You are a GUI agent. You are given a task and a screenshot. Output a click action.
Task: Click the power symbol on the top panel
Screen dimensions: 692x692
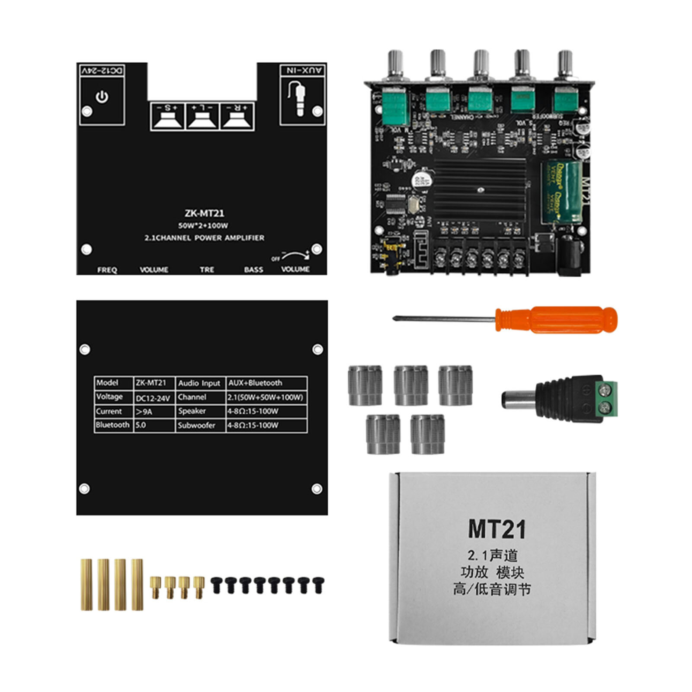pyautogui.click(x=102, y=97)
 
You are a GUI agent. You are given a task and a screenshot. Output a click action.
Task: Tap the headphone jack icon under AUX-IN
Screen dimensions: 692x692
pyautogui.click(x=298, y=99)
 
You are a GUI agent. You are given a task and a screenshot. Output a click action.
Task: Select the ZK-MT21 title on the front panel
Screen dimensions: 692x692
pyautogui.click(x=204, y=213)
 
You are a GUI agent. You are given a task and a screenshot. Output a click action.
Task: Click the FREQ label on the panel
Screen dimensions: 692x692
pyautogui.click(x=107, y=270)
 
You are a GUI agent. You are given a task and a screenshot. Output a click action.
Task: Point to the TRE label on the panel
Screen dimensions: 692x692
pyautogui.click(x=207, y=269)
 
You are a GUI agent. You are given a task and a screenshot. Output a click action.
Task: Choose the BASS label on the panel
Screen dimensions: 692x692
pyautogui.click(x=253, y=269)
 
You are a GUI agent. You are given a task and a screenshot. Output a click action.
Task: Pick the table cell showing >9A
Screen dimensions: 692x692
pyautogui.click(x=144, y=411)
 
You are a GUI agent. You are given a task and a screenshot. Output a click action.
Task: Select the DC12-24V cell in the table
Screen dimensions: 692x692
pyautogui.click(x=153, y=397)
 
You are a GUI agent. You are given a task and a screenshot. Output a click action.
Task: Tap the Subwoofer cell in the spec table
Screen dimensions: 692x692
pyautogui.click(x=196, y=425)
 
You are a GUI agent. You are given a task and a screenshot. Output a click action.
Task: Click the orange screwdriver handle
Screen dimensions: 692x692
pyautogui.click(x=558, y=319)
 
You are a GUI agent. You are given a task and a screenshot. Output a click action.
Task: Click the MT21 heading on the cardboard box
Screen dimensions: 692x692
pyautogui.click(x=497, y=529)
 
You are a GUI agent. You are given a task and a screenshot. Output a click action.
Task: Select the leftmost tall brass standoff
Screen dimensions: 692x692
pyautogui.click(x=86, y=584)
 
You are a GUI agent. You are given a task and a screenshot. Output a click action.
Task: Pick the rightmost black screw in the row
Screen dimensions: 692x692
pyautogui.click(x=318, y=584)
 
